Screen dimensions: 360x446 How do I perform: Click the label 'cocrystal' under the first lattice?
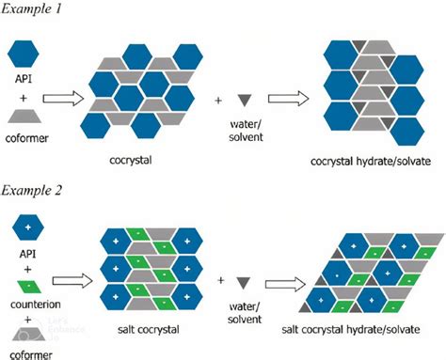[144, 161]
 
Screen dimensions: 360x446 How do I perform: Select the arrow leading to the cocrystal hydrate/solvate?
[288, 98]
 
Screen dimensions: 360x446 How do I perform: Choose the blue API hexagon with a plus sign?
[27, 229]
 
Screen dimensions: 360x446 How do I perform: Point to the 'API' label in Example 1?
[27, 81]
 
